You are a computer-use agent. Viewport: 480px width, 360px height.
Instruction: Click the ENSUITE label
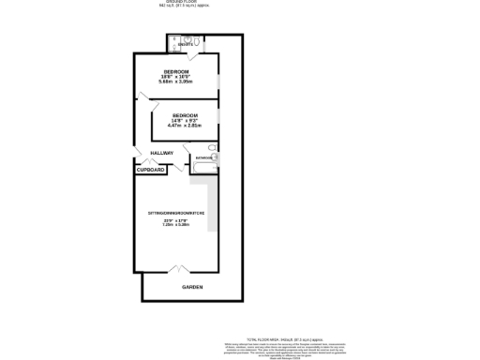click(x=185, y=45)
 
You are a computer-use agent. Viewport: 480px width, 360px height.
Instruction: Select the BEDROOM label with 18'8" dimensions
click(x=176, y=73)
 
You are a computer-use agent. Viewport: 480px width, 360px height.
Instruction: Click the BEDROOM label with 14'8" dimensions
click(x=184, y=115)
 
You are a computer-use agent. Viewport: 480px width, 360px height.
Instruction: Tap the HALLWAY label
click(x=149, y=153)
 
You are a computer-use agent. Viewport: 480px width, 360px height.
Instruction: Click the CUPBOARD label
click(x=150, y=171)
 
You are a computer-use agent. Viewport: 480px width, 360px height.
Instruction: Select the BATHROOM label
click(x=203, y=158)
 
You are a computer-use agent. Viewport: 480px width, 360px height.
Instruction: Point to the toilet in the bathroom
click(x=212, y=148)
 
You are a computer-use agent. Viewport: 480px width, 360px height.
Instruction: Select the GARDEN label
click(x=191, y=287)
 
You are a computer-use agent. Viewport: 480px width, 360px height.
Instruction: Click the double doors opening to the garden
click(x=176, y=271)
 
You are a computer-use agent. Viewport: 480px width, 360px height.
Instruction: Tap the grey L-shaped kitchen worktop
click(x=214, y=202)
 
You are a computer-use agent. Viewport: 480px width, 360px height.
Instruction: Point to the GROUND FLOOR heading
click(x=182, y=2)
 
